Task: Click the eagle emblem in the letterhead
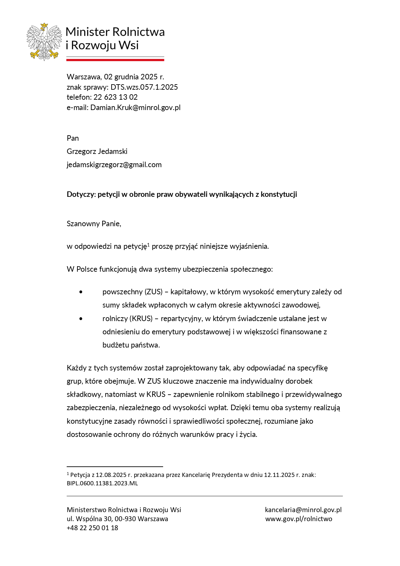point(44,42)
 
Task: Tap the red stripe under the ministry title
point(115,60)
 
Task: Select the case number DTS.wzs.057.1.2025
point(144,87)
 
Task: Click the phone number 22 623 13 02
point(115,97)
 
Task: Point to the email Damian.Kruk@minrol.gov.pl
point(135,107)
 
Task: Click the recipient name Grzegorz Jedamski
point(97,151)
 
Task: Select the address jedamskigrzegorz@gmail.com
point(114,165)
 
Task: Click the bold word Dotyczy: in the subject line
point(81,194)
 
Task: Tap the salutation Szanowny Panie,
point(94,224)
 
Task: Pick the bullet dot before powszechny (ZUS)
point(81,292)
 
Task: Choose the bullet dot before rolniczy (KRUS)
point(81,319)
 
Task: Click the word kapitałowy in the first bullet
point(188,292)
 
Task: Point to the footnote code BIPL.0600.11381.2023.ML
point(102,483)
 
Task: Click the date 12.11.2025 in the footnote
point(279,475)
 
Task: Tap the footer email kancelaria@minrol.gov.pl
point(303,510)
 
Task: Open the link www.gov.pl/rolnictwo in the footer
point(298,519)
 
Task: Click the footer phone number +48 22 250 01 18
point(92,528)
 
